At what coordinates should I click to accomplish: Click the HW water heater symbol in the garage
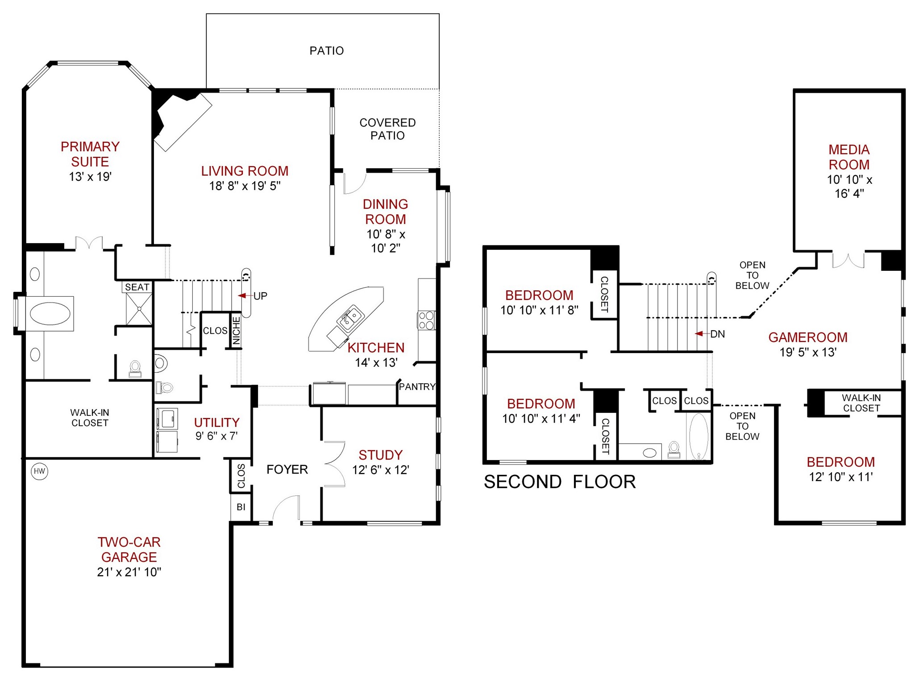39,471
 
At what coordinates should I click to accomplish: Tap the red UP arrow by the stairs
242,295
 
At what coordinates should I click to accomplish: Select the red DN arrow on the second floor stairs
699,333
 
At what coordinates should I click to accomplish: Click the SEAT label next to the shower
137,287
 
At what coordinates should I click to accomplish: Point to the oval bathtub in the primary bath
50,313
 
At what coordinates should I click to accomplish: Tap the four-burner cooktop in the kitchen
426,320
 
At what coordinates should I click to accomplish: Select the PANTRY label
417,386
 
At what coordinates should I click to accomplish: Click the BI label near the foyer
241,507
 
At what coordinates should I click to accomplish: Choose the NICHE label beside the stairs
237,331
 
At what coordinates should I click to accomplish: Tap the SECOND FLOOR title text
560,482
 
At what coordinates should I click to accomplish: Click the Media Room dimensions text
849,187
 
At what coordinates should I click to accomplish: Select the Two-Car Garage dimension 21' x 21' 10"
129,572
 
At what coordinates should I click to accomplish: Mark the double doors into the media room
848,261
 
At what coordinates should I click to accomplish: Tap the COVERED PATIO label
387,129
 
